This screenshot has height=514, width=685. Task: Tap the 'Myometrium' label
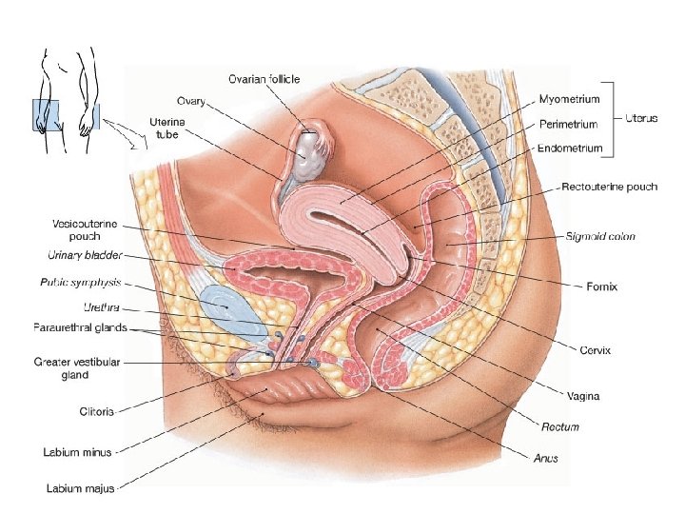click(x=569, y=99)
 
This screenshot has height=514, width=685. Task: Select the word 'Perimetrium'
click(x=569, y=124)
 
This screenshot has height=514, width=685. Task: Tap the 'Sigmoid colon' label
click(x=599, y=236)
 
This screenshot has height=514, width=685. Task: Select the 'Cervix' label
click(x=596, y=349)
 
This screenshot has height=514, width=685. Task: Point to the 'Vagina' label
click(x=586, y=393)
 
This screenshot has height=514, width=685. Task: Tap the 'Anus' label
click(x=545, y=458)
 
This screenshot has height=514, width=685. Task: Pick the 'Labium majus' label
click(x=81, y=488)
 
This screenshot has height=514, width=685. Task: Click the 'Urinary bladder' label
click(x=84, y=255)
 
